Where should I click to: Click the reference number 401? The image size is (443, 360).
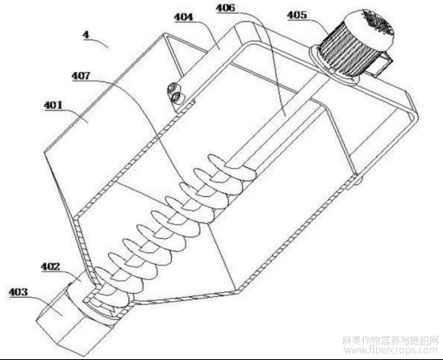point(52,106)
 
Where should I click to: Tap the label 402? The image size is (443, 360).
point(51,266)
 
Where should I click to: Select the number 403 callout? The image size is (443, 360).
point(19,291)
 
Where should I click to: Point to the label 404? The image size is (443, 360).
point(184,17)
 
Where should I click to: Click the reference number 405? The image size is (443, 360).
point(297,15)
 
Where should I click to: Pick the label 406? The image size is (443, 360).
point(225,7)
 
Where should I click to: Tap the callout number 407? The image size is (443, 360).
point(81,76)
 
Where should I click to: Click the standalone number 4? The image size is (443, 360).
point(86,35)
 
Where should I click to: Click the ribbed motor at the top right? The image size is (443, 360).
point(354,45)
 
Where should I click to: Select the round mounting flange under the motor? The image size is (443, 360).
point(333,66)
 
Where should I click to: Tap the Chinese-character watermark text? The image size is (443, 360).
point(391,340)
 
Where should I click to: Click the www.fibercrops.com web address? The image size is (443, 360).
point(391,350)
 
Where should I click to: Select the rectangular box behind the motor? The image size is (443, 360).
point(380,65)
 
